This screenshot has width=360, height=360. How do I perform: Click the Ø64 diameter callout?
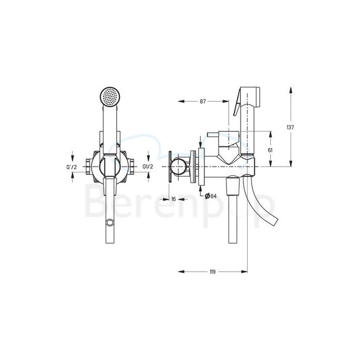click(210, 196)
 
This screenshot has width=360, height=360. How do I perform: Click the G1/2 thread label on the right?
click(148, 167)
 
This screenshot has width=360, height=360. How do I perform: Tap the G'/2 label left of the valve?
click(73, 167)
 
